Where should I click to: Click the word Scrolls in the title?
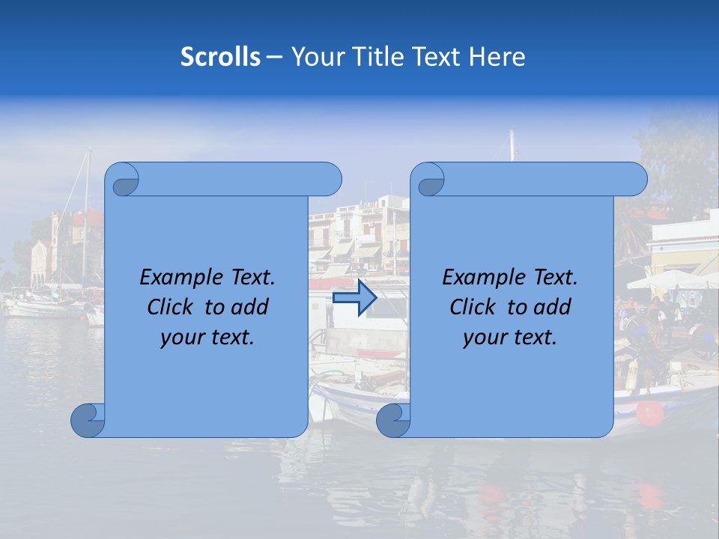221,57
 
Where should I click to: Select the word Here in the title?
497,57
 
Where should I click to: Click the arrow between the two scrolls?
354,298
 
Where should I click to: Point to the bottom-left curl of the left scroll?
87,421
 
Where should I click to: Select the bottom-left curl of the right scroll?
392,421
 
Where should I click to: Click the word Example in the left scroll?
178,278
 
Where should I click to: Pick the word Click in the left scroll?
173,307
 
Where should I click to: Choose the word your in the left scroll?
183,338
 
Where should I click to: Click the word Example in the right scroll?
480,278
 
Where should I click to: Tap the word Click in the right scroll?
475,307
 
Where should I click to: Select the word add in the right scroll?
553,307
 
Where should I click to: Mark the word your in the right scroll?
485,338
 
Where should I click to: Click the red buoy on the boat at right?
650,412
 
